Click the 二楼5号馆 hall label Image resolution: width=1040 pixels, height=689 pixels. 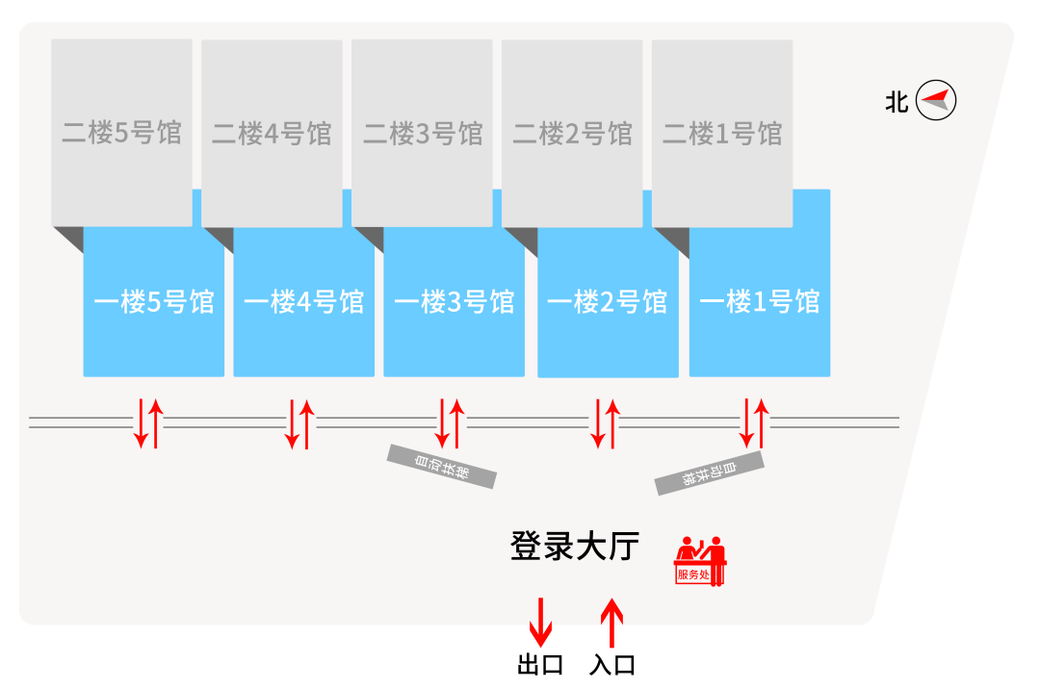[121, 133]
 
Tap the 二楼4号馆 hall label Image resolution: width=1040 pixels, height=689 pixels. [272, 133]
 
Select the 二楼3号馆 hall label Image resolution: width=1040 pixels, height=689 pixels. [422, 133]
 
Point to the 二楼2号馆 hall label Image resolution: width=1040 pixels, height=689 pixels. [572, 133]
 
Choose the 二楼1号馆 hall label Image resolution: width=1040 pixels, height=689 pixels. [722, 133]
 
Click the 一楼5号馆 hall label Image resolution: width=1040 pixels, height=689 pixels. [154, 302]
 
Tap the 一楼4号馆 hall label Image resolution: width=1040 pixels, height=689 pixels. [304, 302]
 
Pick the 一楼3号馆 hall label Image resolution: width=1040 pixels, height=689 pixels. [455, 302]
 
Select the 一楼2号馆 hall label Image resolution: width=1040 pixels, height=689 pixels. [608, 302]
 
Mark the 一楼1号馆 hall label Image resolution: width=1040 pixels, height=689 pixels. [760, 302]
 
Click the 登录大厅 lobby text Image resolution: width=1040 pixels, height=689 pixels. [575, 547]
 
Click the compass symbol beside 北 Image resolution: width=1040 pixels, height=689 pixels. [936, 100]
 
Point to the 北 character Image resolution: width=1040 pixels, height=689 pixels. [897, 101]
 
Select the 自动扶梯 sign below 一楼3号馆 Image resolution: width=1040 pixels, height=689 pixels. [442, 466]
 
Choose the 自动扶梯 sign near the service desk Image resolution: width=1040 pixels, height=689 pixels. [710, 473]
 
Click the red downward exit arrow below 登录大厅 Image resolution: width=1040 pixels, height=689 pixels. [540, 623]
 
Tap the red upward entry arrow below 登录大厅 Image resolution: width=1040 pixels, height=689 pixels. [611, 623]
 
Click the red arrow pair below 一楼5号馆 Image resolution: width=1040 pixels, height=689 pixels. [148, 423]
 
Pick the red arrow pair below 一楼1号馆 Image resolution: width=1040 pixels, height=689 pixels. [754, 423]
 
